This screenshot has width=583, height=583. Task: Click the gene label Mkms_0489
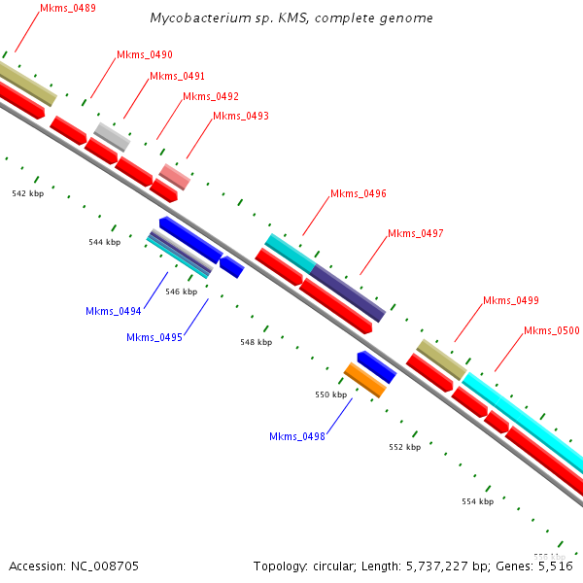pyautogui.click(x=68, y=9)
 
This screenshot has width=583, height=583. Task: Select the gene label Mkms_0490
pyautogui.click(x=144, y=54)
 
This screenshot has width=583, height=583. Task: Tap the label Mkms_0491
pyautogui.click(x=177, y=76)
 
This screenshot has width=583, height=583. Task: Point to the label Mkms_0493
pyautogui.click(x=240, y=116)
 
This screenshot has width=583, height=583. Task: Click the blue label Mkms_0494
pyautogui.click(x=113, y=312)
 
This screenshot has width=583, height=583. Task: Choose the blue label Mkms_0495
pyautogui.click(x=154, y=337)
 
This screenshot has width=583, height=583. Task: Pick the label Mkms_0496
pyautogui.click(x=358, y=194)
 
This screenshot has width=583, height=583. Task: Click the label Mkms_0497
pyautogui.click(x=415, y=234)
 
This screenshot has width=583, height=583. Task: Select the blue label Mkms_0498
pyautogui.click(x=296, y=436)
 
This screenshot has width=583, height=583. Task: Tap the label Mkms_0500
pyautogui.click(x=551, y=331)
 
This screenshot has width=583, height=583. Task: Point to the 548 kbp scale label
pyautogui.click(x=257, y=342)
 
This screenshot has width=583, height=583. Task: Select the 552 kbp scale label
pyautogui.click(x=404, y=447)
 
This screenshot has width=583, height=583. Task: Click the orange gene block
pyautogui.click(x=365, y=380)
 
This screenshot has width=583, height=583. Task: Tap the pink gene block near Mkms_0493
pyautogui.click(x=175, y=176)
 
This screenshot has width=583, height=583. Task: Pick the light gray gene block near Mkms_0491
pyautogui.click(x=112, y=136)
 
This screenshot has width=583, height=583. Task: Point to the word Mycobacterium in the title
pyautogui.click(x=197, y=18)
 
